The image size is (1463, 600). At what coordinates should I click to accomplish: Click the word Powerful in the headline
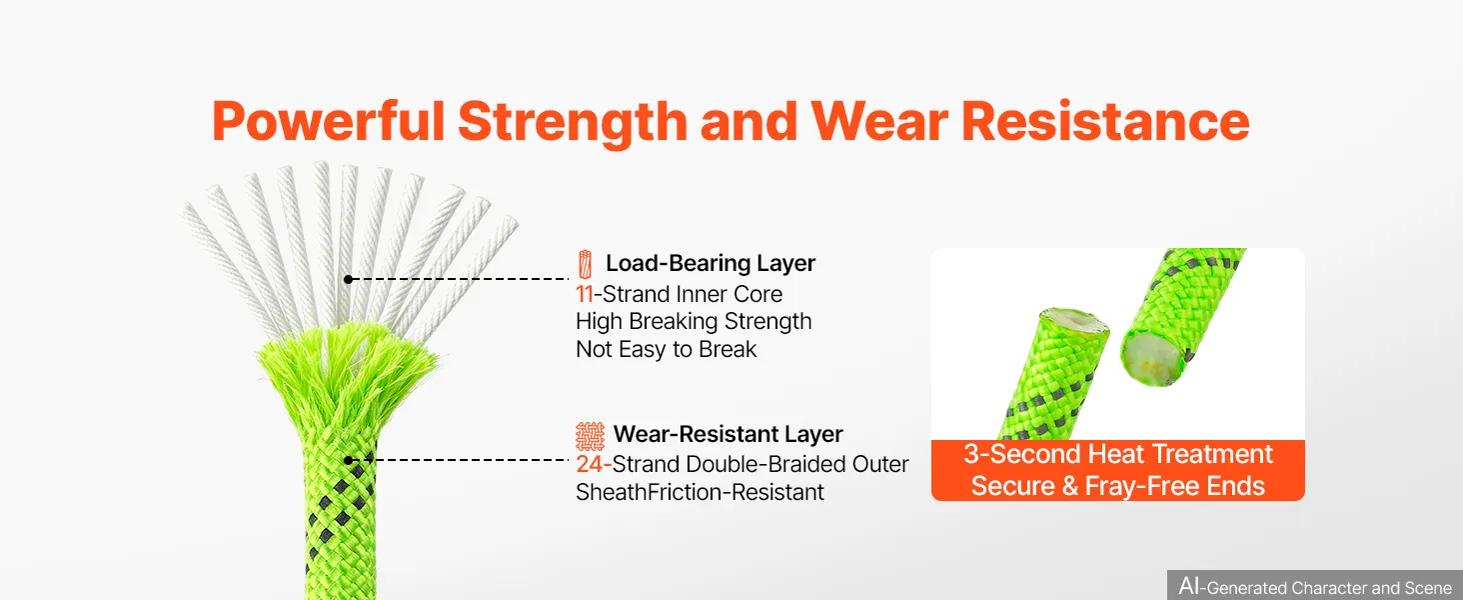click(x=329, y=122)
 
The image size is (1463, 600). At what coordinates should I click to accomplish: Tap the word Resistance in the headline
click(x=1105, y=121)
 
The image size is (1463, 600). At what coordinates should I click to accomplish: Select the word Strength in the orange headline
click(x=573, y=124)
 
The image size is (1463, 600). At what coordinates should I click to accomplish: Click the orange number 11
click(x=584, y=294)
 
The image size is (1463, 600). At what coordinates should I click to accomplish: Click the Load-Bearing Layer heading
click(x=710, y=263)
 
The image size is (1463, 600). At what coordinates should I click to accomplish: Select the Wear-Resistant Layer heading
click(x=728, y=434)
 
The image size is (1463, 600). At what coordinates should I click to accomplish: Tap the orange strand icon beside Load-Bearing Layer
click(x=585, y=264)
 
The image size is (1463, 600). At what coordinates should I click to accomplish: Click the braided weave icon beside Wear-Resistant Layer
click(x=590, y=436)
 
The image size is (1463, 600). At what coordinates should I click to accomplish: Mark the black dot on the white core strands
click(x=348, y=279)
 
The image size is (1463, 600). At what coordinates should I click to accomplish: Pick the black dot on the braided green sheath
click(x=348, y=460)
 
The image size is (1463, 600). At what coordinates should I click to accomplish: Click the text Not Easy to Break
click(x=666, y=350)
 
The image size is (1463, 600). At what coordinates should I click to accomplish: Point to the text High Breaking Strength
click(x=694, y=322)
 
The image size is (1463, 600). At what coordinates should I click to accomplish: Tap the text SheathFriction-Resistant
click(x=700, y=492)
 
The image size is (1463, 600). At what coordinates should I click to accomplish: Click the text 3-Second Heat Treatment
click(x=1118, y=454)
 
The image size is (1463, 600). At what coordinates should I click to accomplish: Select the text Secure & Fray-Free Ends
click(x=1118, y=486)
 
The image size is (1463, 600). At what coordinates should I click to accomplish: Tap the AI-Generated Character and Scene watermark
click(x=1315, y=586)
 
